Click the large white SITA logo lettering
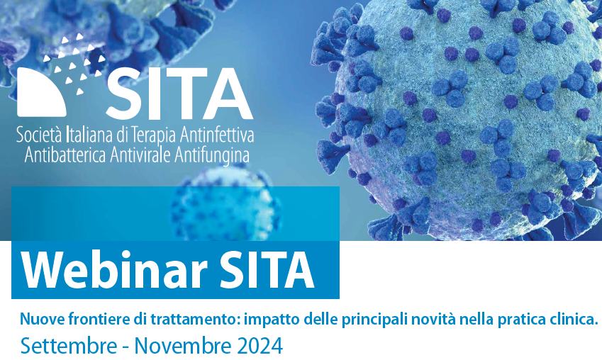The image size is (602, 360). tap(179, 94)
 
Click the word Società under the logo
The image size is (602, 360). tap(40, 135)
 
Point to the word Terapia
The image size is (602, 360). tap(154, 136)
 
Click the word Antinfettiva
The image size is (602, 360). tap(217, 135)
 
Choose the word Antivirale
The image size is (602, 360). tap(140, 155)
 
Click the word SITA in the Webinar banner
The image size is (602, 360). tap(266, 269)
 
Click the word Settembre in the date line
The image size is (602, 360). tap(69, 346)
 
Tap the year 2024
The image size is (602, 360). tap(260, 346)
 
